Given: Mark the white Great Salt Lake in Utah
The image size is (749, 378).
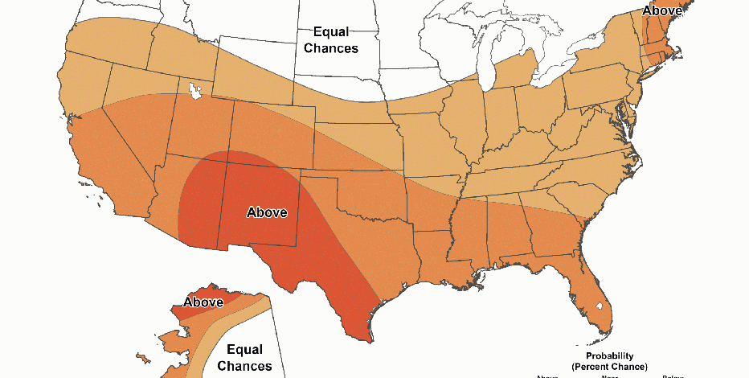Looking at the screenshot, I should (194, 91).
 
